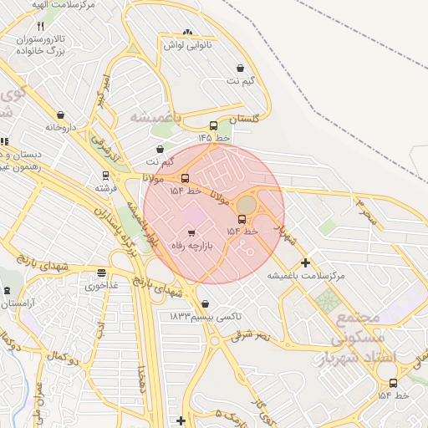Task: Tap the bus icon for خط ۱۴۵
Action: click(213, 125)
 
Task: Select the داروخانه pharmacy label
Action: click(61, 128)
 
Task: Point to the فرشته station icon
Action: click(105, 176)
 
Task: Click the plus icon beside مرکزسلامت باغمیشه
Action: click(305, 262)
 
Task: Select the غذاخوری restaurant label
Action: click(102, 285)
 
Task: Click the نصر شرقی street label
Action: click(252, 335)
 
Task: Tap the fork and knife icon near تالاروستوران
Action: click(41, 28)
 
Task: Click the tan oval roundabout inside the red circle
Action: click(246, 204)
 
